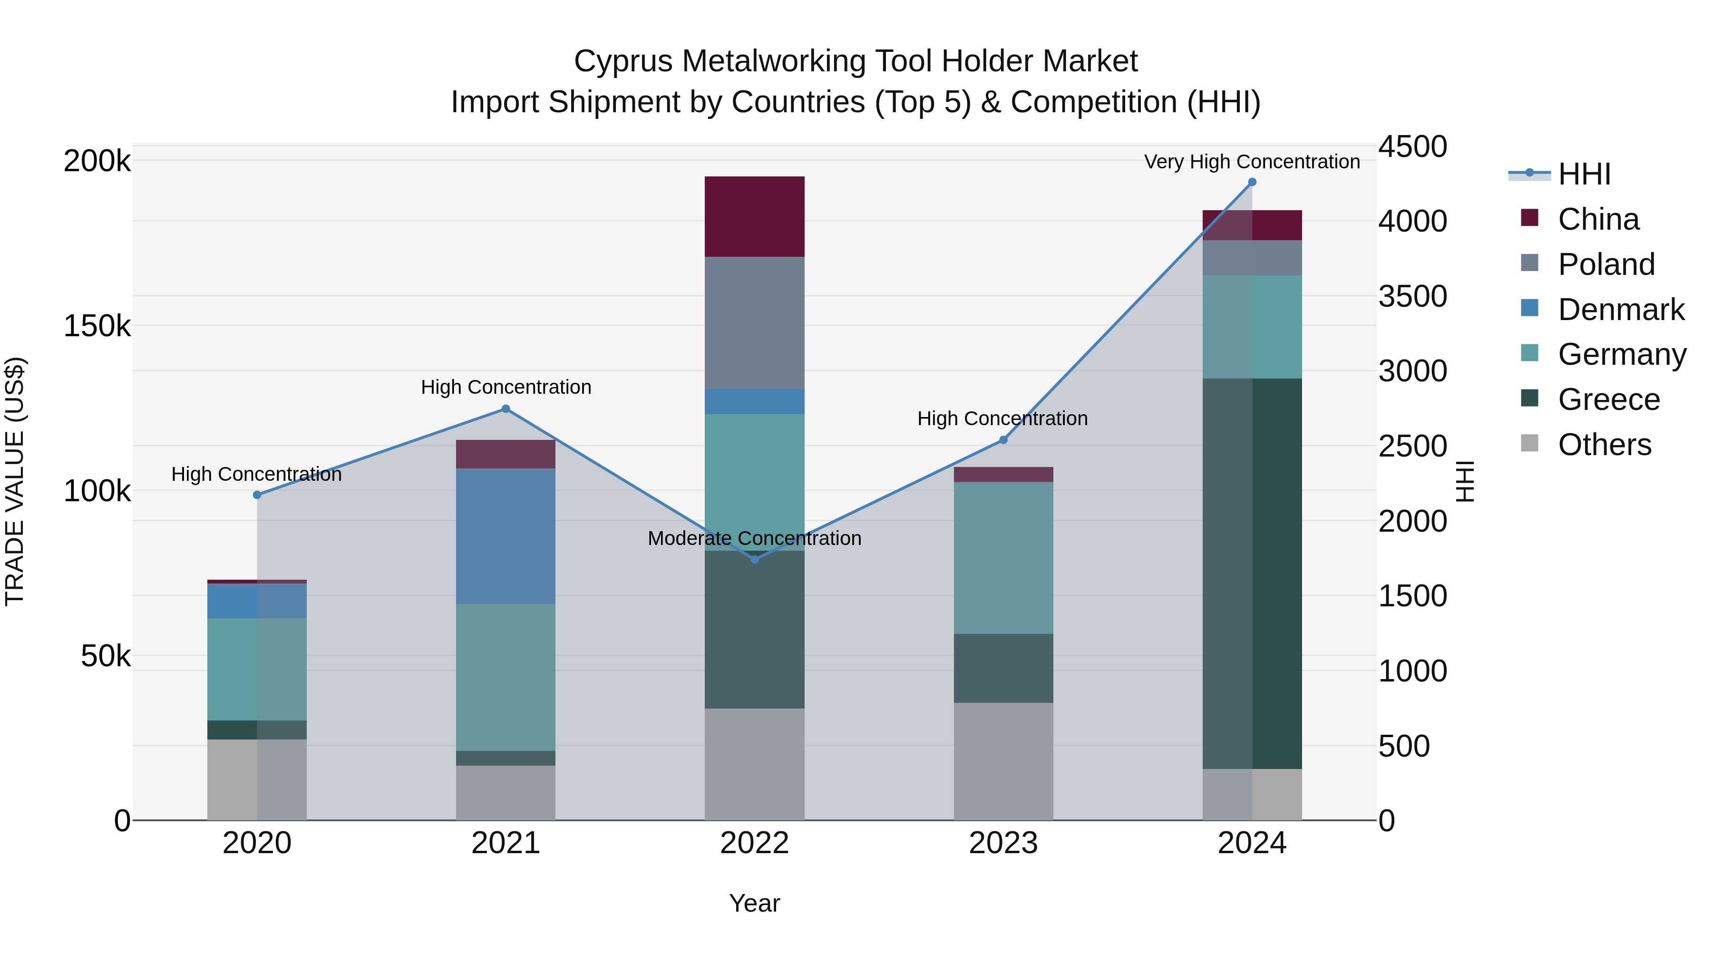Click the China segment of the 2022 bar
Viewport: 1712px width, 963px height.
(754, 217)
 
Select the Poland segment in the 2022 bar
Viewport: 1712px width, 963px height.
(754, 323)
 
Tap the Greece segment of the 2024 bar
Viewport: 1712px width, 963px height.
(1252, 574)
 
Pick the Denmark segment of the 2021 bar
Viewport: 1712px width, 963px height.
(506, 536)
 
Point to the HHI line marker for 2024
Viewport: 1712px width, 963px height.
(1252, 182)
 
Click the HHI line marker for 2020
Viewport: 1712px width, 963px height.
(257, 495)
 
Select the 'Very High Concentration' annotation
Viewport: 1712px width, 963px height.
(1252, 162)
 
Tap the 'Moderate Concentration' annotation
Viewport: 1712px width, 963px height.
(754, 538)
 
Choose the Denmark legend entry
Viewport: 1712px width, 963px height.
(1620, 310)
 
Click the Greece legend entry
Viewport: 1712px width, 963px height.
(1608, 400)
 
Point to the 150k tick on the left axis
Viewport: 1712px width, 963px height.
(97, 326)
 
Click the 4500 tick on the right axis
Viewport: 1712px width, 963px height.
(1412, 147)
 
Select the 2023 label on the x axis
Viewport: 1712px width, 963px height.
(1003, 843)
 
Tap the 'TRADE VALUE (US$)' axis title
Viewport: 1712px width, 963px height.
(15, 481)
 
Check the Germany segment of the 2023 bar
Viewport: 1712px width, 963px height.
(1003, 558)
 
